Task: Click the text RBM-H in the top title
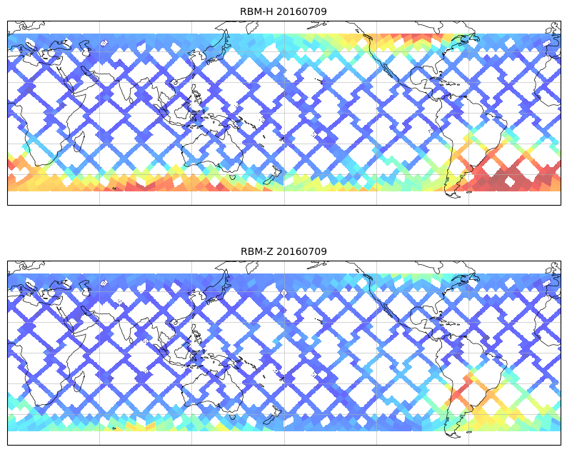point(256,11)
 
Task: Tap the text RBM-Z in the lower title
point(256,251)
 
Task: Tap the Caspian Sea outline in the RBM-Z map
point(86,292)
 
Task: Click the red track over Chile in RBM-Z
point(458,389)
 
